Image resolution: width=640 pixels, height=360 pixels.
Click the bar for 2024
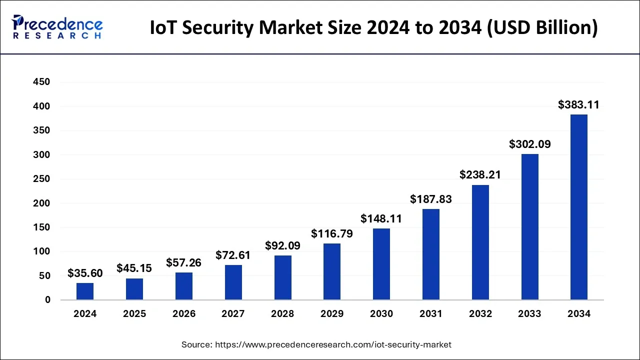pyautogui.click(x=85, y=291)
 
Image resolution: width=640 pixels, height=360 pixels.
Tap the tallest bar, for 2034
pyautogui.click(x=579, y=207)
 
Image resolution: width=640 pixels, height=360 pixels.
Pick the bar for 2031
pyautogui.click(x=431, y=254)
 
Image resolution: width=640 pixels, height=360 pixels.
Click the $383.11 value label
pyautogui.click(x=578, y=105)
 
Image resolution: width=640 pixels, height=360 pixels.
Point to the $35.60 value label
pyautogui.click(x=85, y=273)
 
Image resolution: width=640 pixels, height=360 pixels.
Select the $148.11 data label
pyautogui.click(x=381, y=219)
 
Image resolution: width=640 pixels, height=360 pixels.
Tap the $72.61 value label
pyautogui.click(x=233, y=255)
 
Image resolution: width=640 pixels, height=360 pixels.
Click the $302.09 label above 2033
pyautogui.click(x=530, y=144)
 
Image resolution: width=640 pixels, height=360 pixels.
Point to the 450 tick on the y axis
pyautogui.click(x=41, y=82)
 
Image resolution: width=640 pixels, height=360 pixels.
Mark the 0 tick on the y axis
pyautogui.click(x=47, y=300)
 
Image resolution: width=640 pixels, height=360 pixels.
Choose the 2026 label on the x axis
pyautogui.click(x=184, y=314)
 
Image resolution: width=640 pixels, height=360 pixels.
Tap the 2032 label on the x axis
pyautogui.click(x=480, y=314)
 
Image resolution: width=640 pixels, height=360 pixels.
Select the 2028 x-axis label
pyautogui.click(x=282, y=314)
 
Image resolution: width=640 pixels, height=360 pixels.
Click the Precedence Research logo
pyautogui.click(x=57, y=26)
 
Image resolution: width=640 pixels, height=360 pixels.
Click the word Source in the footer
pyautogui.click(x=196, y=344)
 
